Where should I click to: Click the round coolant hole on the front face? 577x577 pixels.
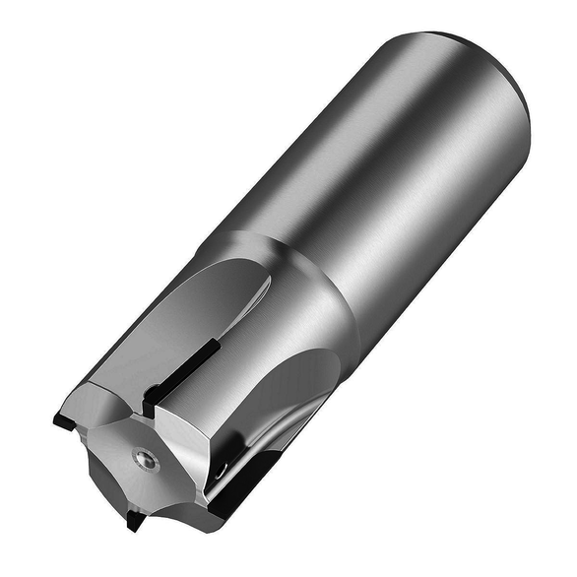click(x=144, y=458)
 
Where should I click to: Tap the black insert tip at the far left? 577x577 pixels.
click(x=61, y=420)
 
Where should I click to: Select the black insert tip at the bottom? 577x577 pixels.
click(x=134, y=520)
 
